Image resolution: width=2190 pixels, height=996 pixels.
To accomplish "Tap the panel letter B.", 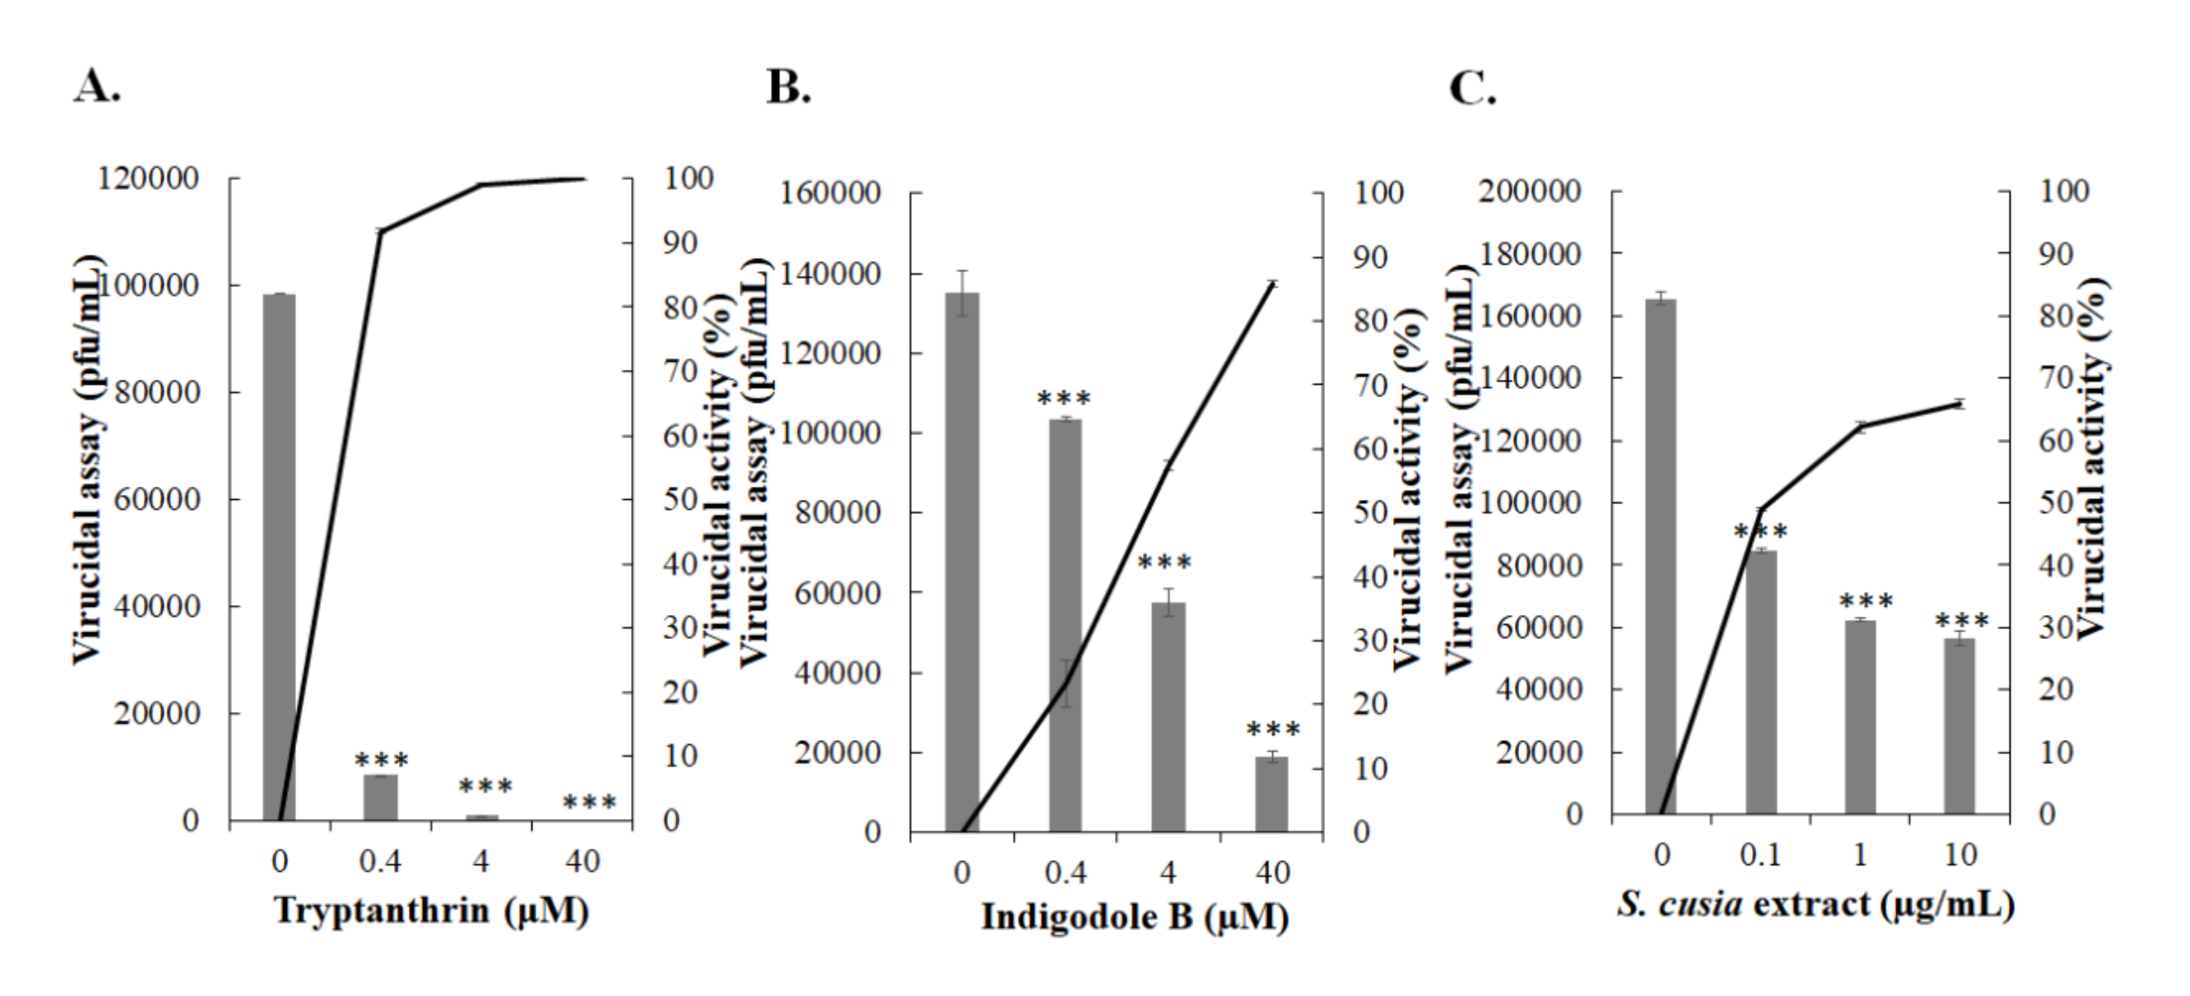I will point(788,88).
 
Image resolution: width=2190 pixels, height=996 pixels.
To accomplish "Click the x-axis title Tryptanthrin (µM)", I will point(431,911).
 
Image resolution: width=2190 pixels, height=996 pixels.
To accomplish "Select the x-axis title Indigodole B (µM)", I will point(1134,918).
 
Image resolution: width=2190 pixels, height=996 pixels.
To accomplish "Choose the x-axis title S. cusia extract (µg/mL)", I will point(1816,904).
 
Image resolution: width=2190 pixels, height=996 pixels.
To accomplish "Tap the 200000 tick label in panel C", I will point(1529,191).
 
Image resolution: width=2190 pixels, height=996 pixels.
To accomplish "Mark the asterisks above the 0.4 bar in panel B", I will point(1064,398).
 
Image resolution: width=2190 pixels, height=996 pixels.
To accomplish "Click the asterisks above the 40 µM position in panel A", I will point(589,802).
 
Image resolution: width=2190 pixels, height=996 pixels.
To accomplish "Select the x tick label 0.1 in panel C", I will point(1760,855).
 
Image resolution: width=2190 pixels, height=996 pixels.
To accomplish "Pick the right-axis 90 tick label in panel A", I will point(680,243).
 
